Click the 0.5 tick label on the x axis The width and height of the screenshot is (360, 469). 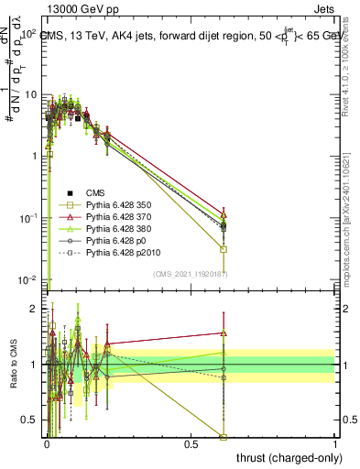pyautogui.click(x=191, y=444)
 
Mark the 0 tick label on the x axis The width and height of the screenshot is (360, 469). pyautogui.click(x=46, y=444)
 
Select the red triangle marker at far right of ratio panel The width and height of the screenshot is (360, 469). pyautogui.click(x=224, y=333)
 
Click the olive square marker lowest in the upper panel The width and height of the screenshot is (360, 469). pyautogui.click(x=224, y=249)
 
